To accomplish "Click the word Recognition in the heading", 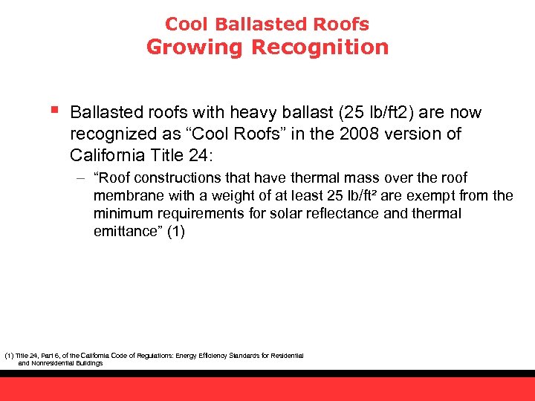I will point(320,48).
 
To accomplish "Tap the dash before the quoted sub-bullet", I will point(80,178).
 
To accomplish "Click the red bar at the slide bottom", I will point(267,388).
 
